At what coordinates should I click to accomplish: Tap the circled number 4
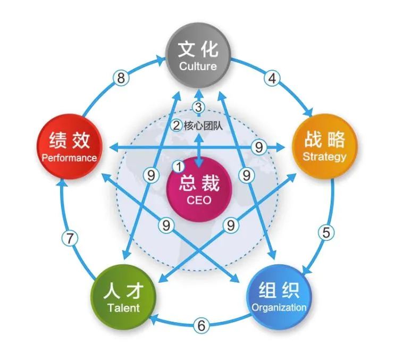272,78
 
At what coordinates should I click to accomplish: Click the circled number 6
200,326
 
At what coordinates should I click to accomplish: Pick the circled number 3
198,107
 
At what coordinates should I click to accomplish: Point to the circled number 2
177,126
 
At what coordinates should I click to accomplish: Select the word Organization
279,307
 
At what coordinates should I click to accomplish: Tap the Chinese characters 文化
198,49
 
